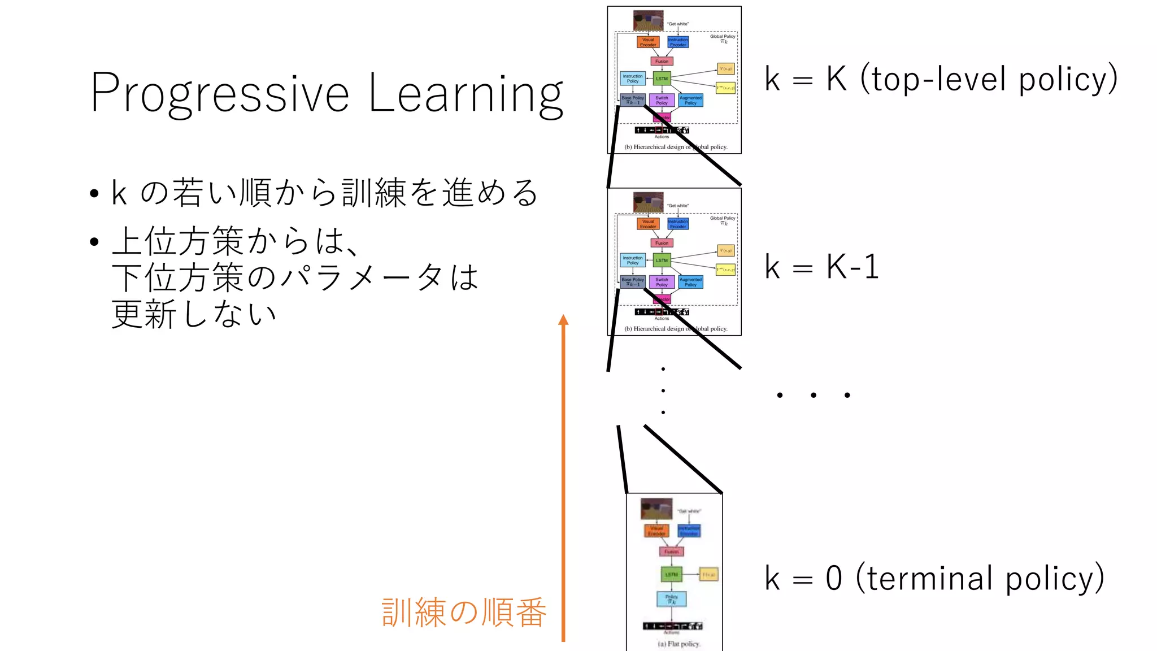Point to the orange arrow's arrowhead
[x=563, y=320]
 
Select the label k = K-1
[x=821, y=267]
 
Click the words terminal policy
[x=980, y=578]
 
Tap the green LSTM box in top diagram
[x=662, y=79]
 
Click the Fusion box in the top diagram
[x=662, y=61]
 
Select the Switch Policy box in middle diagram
[x=662, y=282]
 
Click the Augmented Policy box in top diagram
[x=690, y=101]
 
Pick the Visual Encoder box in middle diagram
[x=647, y=224]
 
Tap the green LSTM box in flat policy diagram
[x=671, y=574]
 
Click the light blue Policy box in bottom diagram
[x=671, y=599]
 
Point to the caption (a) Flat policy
[x=678, y=644]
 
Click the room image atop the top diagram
[x=648, y=20]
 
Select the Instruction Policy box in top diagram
[x=632, y=79]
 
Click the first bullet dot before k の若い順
[x=94, y=194]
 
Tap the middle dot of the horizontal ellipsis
[x=813, y=395]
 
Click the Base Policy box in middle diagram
[x=632, y=281]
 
